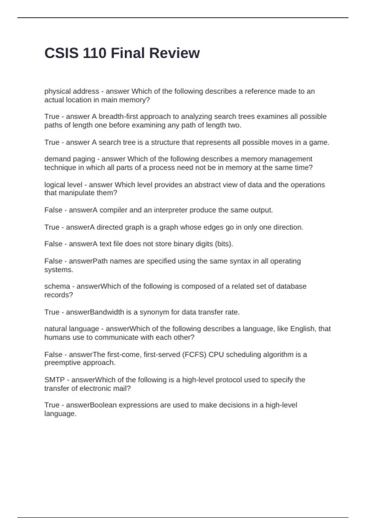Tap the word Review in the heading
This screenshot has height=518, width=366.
pos(175,53)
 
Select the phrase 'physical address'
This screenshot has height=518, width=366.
pos(72,91)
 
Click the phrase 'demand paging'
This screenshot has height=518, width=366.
pos(70,159)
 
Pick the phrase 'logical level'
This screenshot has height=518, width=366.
pos(63,185)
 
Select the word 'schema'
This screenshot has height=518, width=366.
pos(57,286)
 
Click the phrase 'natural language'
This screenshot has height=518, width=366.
pos(72,329)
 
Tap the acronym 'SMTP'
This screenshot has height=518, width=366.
pos(54,380)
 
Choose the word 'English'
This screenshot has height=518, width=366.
pos(302,329)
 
